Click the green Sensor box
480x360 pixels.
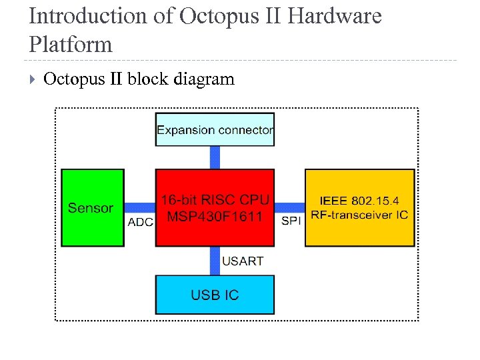tap(93, 207)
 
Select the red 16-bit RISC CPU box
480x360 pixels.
tap(215, 207)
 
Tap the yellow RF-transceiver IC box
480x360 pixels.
tap(359, 207)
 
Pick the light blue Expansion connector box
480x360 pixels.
tap(215, 130)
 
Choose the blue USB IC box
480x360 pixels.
tap(215, 295)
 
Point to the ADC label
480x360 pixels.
tap(140, 222)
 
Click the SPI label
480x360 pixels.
tap(291, 221)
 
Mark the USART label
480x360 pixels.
tap(243, 261)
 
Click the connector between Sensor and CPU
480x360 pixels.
tap(140, 207)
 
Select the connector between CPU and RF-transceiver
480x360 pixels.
tap(290, 207)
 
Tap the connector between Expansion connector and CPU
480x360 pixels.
tap(215, 157)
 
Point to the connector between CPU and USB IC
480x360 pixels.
tap(215, 261)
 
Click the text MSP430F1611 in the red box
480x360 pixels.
tap(215, 217)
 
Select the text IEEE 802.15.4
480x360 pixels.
tap(359, 201)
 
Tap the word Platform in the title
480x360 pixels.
tap(71, 45)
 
